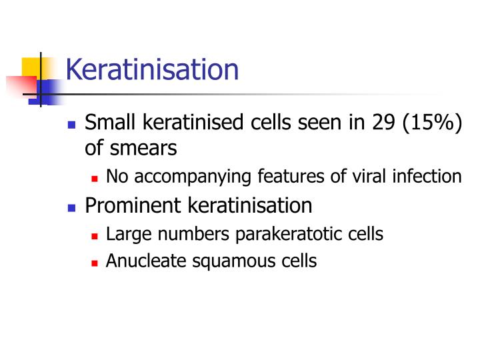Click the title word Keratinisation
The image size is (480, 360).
[x=152, y=69]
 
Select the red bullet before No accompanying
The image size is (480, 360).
[x=95, y=178]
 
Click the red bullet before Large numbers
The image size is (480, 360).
[x=95, y=235]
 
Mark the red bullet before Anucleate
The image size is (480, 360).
[x=95, y=262]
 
